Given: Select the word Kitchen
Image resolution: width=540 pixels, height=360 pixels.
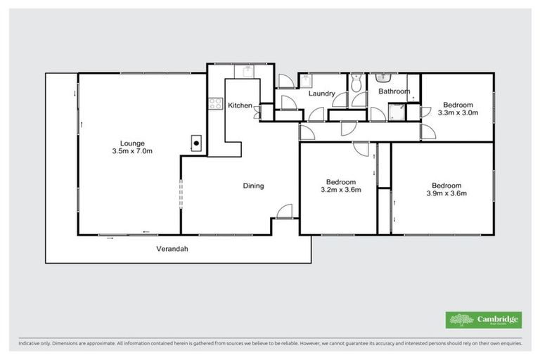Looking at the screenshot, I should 240,105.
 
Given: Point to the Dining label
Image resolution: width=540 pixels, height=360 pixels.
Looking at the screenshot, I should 253,186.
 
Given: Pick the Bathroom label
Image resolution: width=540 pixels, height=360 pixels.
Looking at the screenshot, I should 394,91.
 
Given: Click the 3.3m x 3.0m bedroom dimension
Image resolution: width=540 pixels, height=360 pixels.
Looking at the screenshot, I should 458,112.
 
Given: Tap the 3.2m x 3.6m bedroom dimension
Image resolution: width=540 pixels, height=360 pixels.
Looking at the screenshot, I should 341,190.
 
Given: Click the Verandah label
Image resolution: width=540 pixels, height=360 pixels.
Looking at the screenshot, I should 172,249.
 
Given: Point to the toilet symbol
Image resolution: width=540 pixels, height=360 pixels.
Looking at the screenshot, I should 356,83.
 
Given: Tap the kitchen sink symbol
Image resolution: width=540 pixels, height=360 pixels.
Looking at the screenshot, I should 245,70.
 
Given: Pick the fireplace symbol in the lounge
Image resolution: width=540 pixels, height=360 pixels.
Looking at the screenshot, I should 197,143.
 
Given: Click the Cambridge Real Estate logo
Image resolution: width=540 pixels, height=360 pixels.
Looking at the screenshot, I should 484,320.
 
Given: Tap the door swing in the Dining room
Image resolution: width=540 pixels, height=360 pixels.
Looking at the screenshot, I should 284,211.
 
